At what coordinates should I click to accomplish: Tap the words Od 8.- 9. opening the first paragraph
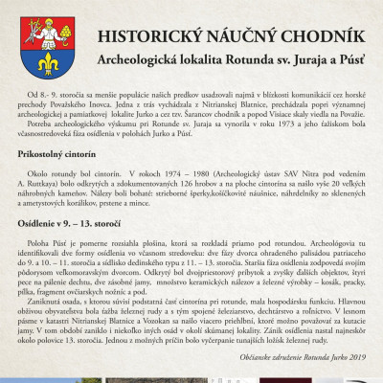point(46,99)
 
